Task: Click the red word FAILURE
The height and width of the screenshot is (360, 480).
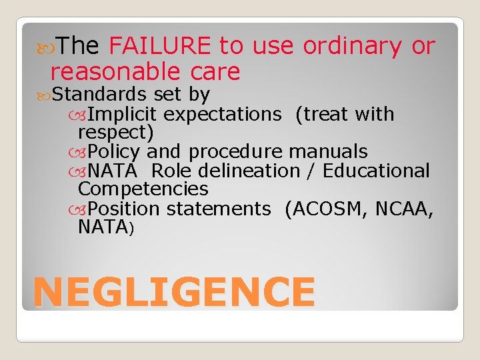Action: [160, 46]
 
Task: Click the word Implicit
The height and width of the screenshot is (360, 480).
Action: [123, 114]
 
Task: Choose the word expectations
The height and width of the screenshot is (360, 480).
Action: [222, 114]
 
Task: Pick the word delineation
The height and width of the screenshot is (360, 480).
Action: [253, 171]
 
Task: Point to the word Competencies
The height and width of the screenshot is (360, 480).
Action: [143, 189]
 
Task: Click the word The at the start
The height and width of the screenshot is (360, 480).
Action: [78, 46]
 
